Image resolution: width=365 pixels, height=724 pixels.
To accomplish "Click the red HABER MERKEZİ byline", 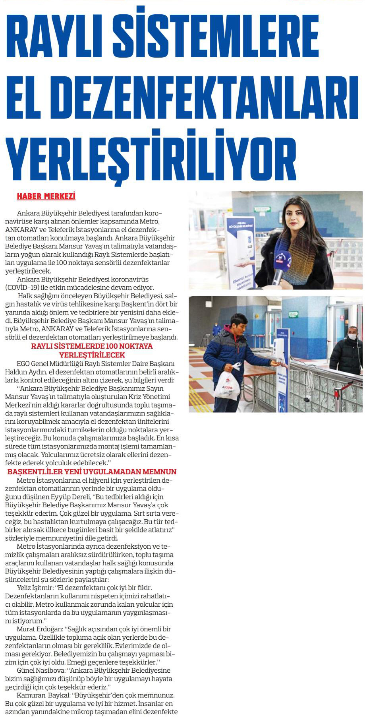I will (x=46, y=196).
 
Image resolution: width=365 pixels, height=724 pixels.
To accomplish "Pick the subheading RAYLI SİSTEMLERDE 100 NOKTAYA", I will (x=92, y=346).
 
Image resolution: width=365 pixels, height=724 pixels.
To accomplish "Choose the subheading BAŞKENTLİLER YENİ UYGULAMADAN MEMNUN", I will (x=92, y=472).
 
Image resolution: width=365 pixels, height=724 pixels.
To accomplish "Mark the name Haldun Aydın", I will (x=23, y=372).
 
